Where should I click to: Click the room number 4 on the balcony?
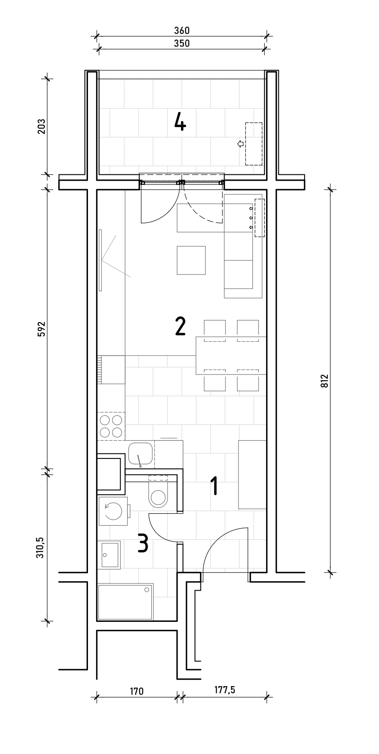click(180, 123)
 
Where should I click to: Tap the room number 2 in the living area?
click(180, 326)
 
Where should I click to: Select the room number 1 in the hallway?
click(215, 485)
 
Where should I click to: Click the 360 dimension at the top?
click(182, 30)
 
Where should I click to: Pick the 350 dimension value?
click(182, 43)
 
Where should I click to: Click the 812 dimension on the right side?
click(325, 381)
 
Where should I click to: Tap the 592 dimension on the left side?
click(41, 329)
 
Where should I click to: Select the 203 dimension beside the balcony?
click(41, 126)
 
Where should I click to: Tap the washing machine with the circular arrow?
click(113, 511)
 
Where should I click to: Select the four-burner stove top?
click(111, 426)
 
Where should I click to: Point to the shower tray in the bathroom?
click(125, 602)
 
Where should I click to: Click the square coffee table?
click(191, 260)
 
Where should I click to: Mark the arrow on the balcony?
click(240, 144)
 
